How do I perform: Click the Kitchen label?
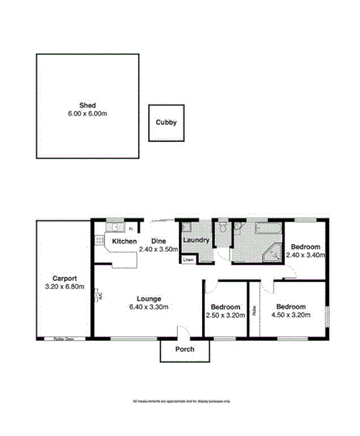click(x=124, y=241)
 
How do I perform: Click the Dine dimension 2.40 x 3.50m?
click(x=157, y=250)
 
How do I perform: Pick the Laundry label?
click(x=195, y=241)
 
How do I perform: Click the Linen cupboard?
click(x=187, y=260)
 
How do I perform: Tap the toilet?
click(x=222, y=229)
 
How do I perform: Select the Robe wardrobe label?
click(x=252, y=310)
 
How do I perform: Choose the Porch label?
click(x=185, y=350)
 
